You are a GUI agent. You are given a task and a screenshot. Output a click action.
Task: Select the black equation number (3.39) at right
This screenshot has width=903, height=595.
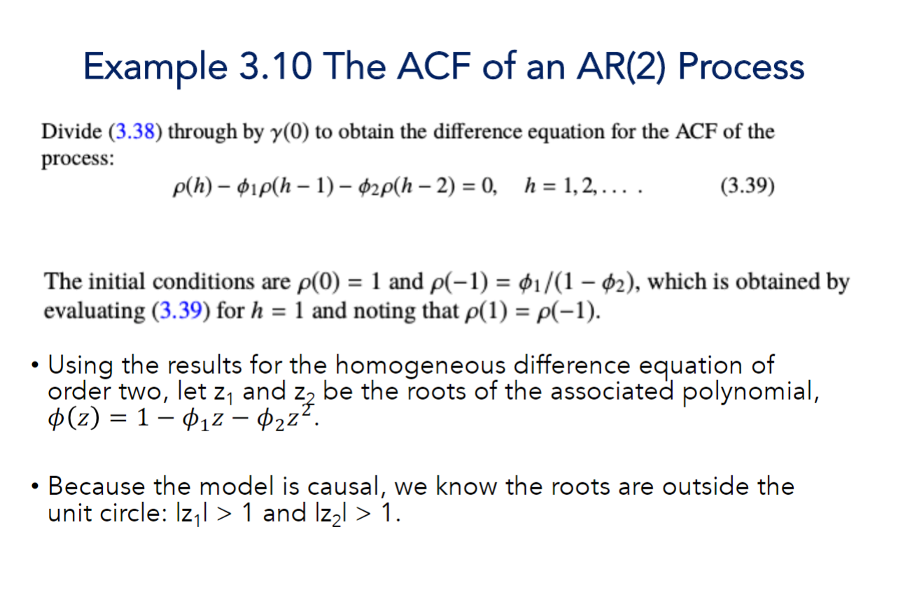click(x=748, y=187)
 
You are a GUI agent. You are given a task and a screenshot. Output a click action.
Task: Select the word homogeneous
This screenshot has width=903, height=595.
click(x=420, y=365)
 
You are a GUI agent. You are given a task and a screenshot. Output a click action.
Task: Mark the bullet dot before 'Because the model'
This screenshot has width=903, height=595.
click(x=34, y=486)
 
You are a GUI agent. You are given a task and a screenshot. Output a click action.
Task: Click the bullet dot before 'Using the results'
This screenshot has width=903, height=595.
click(x=34, y=365)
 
